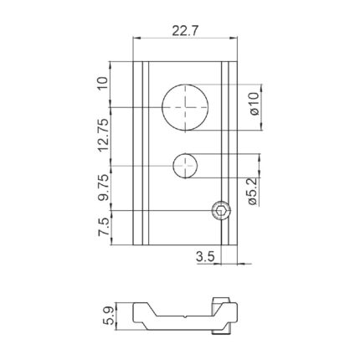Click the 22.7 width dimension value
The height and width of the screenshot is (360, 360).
[x=184, y=30]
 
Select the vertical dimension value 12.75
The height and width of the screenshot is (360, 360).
[x=103, y=136]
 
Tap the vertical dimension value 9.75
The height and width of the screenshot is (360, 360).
[x=103, y=188]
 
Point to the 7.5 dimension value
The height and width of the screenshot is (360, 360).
[x=103, y=227]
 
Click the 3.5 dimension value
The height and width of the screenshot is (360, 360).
[x=205, y=257]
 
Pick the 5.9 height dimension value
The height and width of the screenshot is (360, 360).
[x=109, y=316]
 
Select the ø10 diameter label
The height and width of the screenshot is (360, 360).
[x=255, y=104]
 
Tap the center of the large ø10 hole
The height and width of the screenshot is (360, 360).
[x=185, y=107]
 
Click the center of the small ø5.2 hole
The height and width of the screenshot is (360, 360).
[x=185, y=166]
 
